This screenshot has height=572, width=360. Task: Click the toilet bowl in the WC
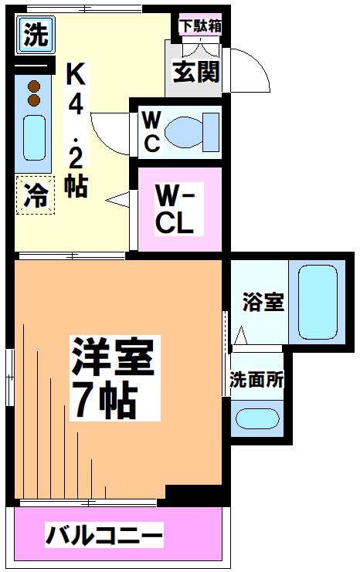(188, 129)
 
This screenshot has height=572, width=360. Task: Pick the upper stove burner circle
(33, 86)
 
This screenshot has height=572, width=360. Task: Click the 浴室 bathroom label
(259, 301)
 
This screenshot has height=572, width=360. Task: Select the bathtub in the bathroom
(318, 301)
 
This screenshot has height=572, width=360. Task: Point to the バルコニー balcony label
(104, 533)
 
